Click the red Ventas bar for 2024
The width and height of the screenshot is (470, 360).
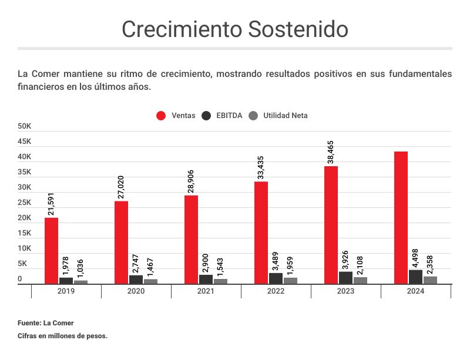(x=401, y=217)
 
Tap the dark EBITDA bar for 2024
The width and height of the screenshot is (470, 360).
(x=415, y=277)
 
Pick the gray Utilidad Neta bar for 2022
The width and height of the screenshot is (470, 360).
(x=290, y=281)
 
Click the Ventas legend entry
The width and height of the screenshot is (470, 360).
(x=176, y=116)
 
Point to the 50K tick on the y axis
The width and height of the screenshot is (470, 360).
(x=25, y=127)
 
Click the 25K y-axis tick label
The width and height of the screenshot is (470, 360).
(x=25, y=203)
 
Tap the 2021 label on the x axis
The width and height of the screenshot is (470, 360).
(x=206, y=291)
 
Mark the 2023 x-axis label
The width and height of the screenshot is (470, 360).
(x=345, y=291)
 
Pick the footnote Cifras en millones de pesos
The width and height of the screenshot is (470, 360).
(x=63, y=337)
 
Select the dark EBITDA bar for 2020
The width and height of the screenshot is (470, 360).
(x=136, y=280)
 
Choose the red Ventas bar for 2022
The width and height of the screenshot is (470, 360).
(x=261, y=233)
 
